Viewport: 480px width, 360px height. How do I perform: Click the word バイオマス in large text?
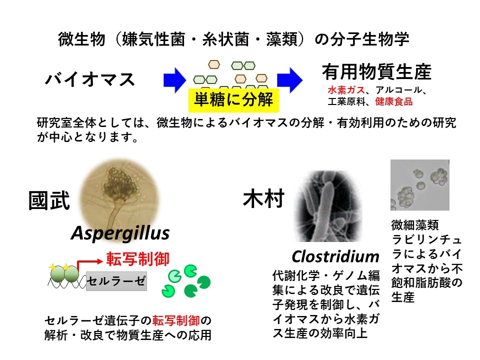[x=90, y=79]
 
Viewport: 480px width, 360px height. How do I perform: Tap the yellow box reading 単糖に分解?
[x=233, y=100]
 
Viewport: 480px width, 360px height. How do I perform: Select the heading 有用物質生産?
[x=376, y=72]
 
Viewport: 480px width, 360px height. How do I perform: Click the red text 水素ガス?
[x=346, y=90]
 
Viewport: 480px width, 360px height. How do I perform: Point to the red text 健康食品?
[x=394, y=101]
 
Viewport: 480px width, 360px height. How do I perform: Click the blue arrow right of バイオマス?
[x=174, y=80]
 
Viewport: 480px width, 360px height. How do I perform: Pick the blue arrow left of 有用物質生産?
[x=289, y=80]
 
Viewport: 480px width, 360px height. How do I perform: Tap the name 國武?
[x=49, y=200]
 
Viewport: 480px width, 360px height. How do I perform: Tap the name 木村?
[x=264, y=198]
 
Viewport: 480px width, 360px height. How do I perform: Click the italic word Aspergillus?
[x=120, y=233]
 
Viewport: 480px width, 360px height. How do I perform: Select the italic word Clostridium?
[x=335, y=256]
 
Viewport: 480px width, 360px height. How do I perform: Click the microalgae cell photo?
[x=420, y=185]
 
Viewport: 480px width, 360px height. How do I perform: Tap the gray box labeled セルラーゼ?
[x=116, y=281]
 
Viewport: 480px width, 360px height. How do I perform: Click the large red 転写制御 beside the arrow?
[x=138, y=259]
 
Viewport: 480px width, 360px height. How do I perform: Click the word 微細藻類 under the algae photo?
[x=415, y=225]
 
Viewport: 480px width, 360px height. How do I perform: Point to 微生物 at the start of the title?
[x=81, y=39]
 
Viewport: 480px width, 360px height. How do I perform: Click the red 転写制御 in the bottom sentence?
[x=176, y=320]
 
